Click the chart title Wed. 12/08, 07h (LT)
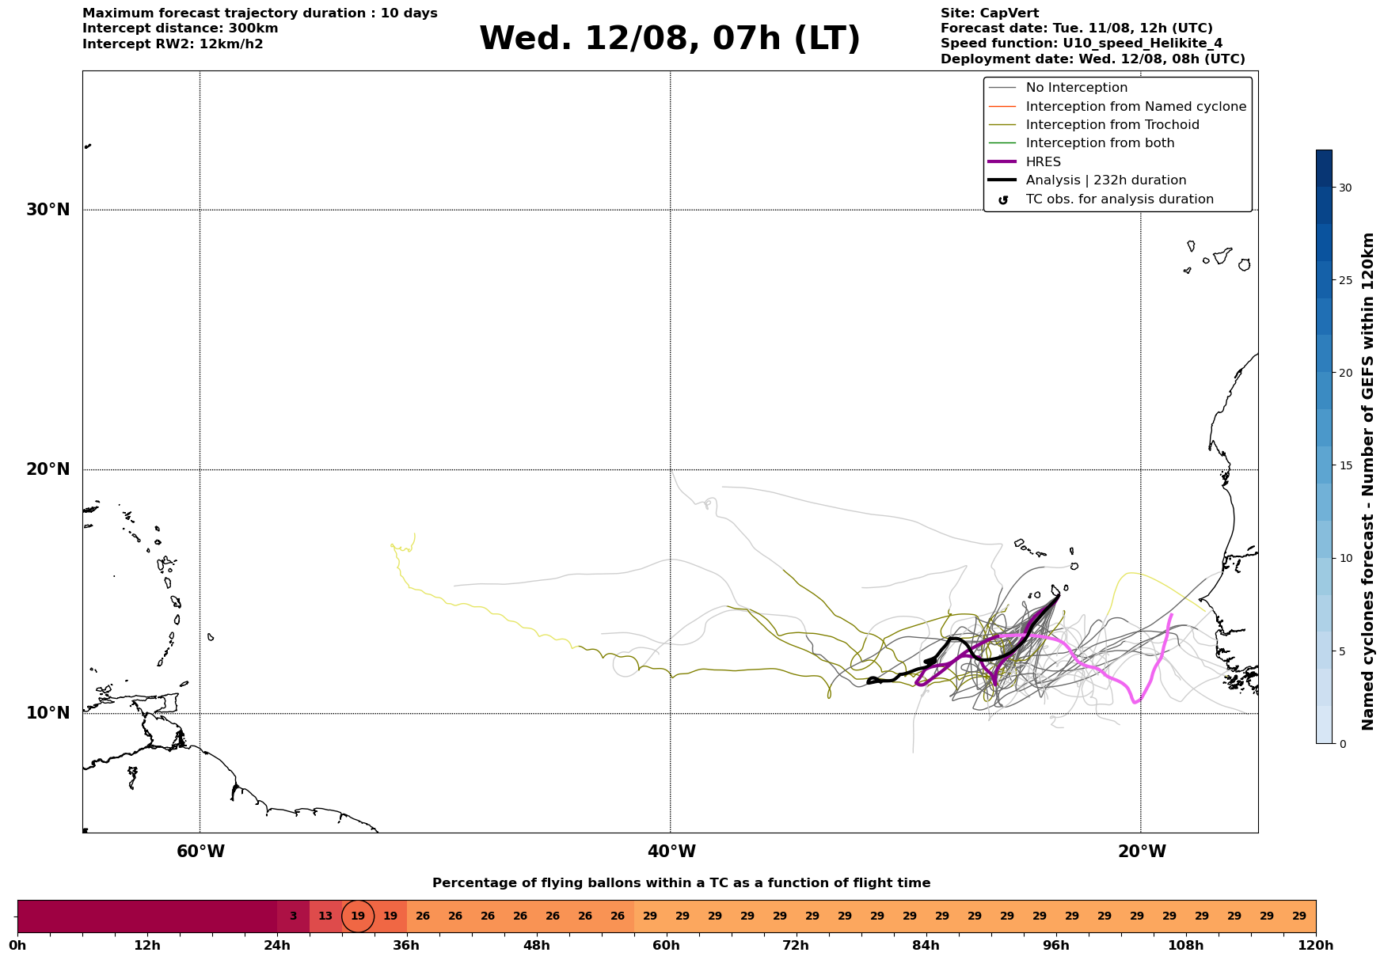coord(669,39)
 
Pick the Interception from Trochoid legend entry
coord(1093,125)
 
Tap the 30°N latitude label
coord(48,210)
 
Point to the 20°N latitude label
coord(48,469)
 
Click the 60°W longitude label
coord(200,852)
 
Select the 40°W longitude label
coord(671,852)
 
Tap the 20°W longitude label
coord(1142,852)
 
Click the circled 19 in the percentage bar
coord(358,916)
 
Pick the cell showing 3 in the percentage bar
coord(293,916)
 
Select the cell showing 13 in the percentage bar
coord(325,916)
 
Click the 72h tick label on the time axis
coord(796,946)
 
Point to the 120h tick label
coord(1315,946)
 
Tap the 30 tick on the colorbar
coord(1345,188)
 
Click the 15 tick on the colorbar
coord(1345,465)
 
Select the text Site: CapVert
coord(990,13)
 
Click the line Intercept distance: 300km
coord(181,28)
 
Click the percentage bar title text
coord(681,883)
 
